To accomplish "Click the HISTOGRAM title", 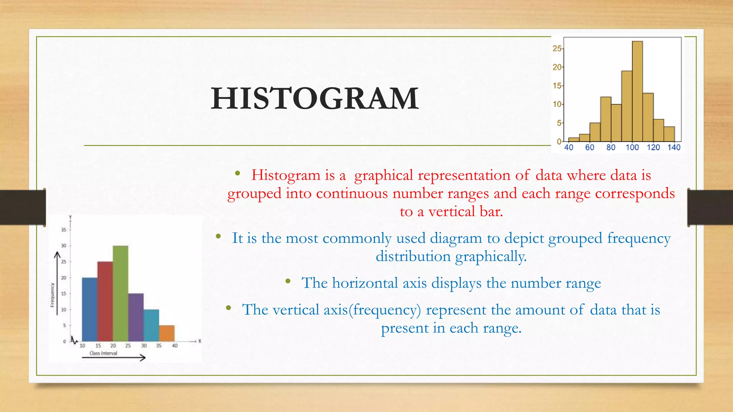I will coord(315,98).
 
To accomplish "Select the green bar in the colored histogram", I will coord(120,293).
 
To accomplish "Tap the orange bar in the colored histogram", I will coord(167,333).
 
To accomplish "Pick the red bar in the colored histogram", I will coord(105,301).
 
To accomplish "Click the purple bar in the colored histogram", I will coord(136,317).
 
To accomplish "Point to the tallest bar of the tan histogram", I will coord(637,92).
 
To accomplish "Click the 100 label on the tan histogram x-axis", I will coord(632,147).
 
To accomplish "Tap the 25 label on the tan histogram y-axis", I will coord(557,49).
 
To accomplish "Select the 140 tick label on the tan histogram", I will coord(674,147).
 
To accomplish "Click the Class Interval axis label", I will coord(103,353).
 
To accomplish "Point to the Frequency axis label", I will coord(52,295).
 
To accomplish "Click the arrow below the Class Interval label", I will coord(114,358).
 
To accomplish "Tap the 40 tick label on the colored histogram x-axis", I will coord(175,346).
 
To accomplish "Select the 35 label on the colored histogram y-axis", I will coord(64,230).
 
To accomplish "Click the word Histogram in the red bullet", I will coord(285,175).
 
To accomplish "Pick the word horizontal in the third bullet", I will coord(365,283).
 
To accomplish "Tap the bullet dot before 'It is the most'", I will coord(218,236).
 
